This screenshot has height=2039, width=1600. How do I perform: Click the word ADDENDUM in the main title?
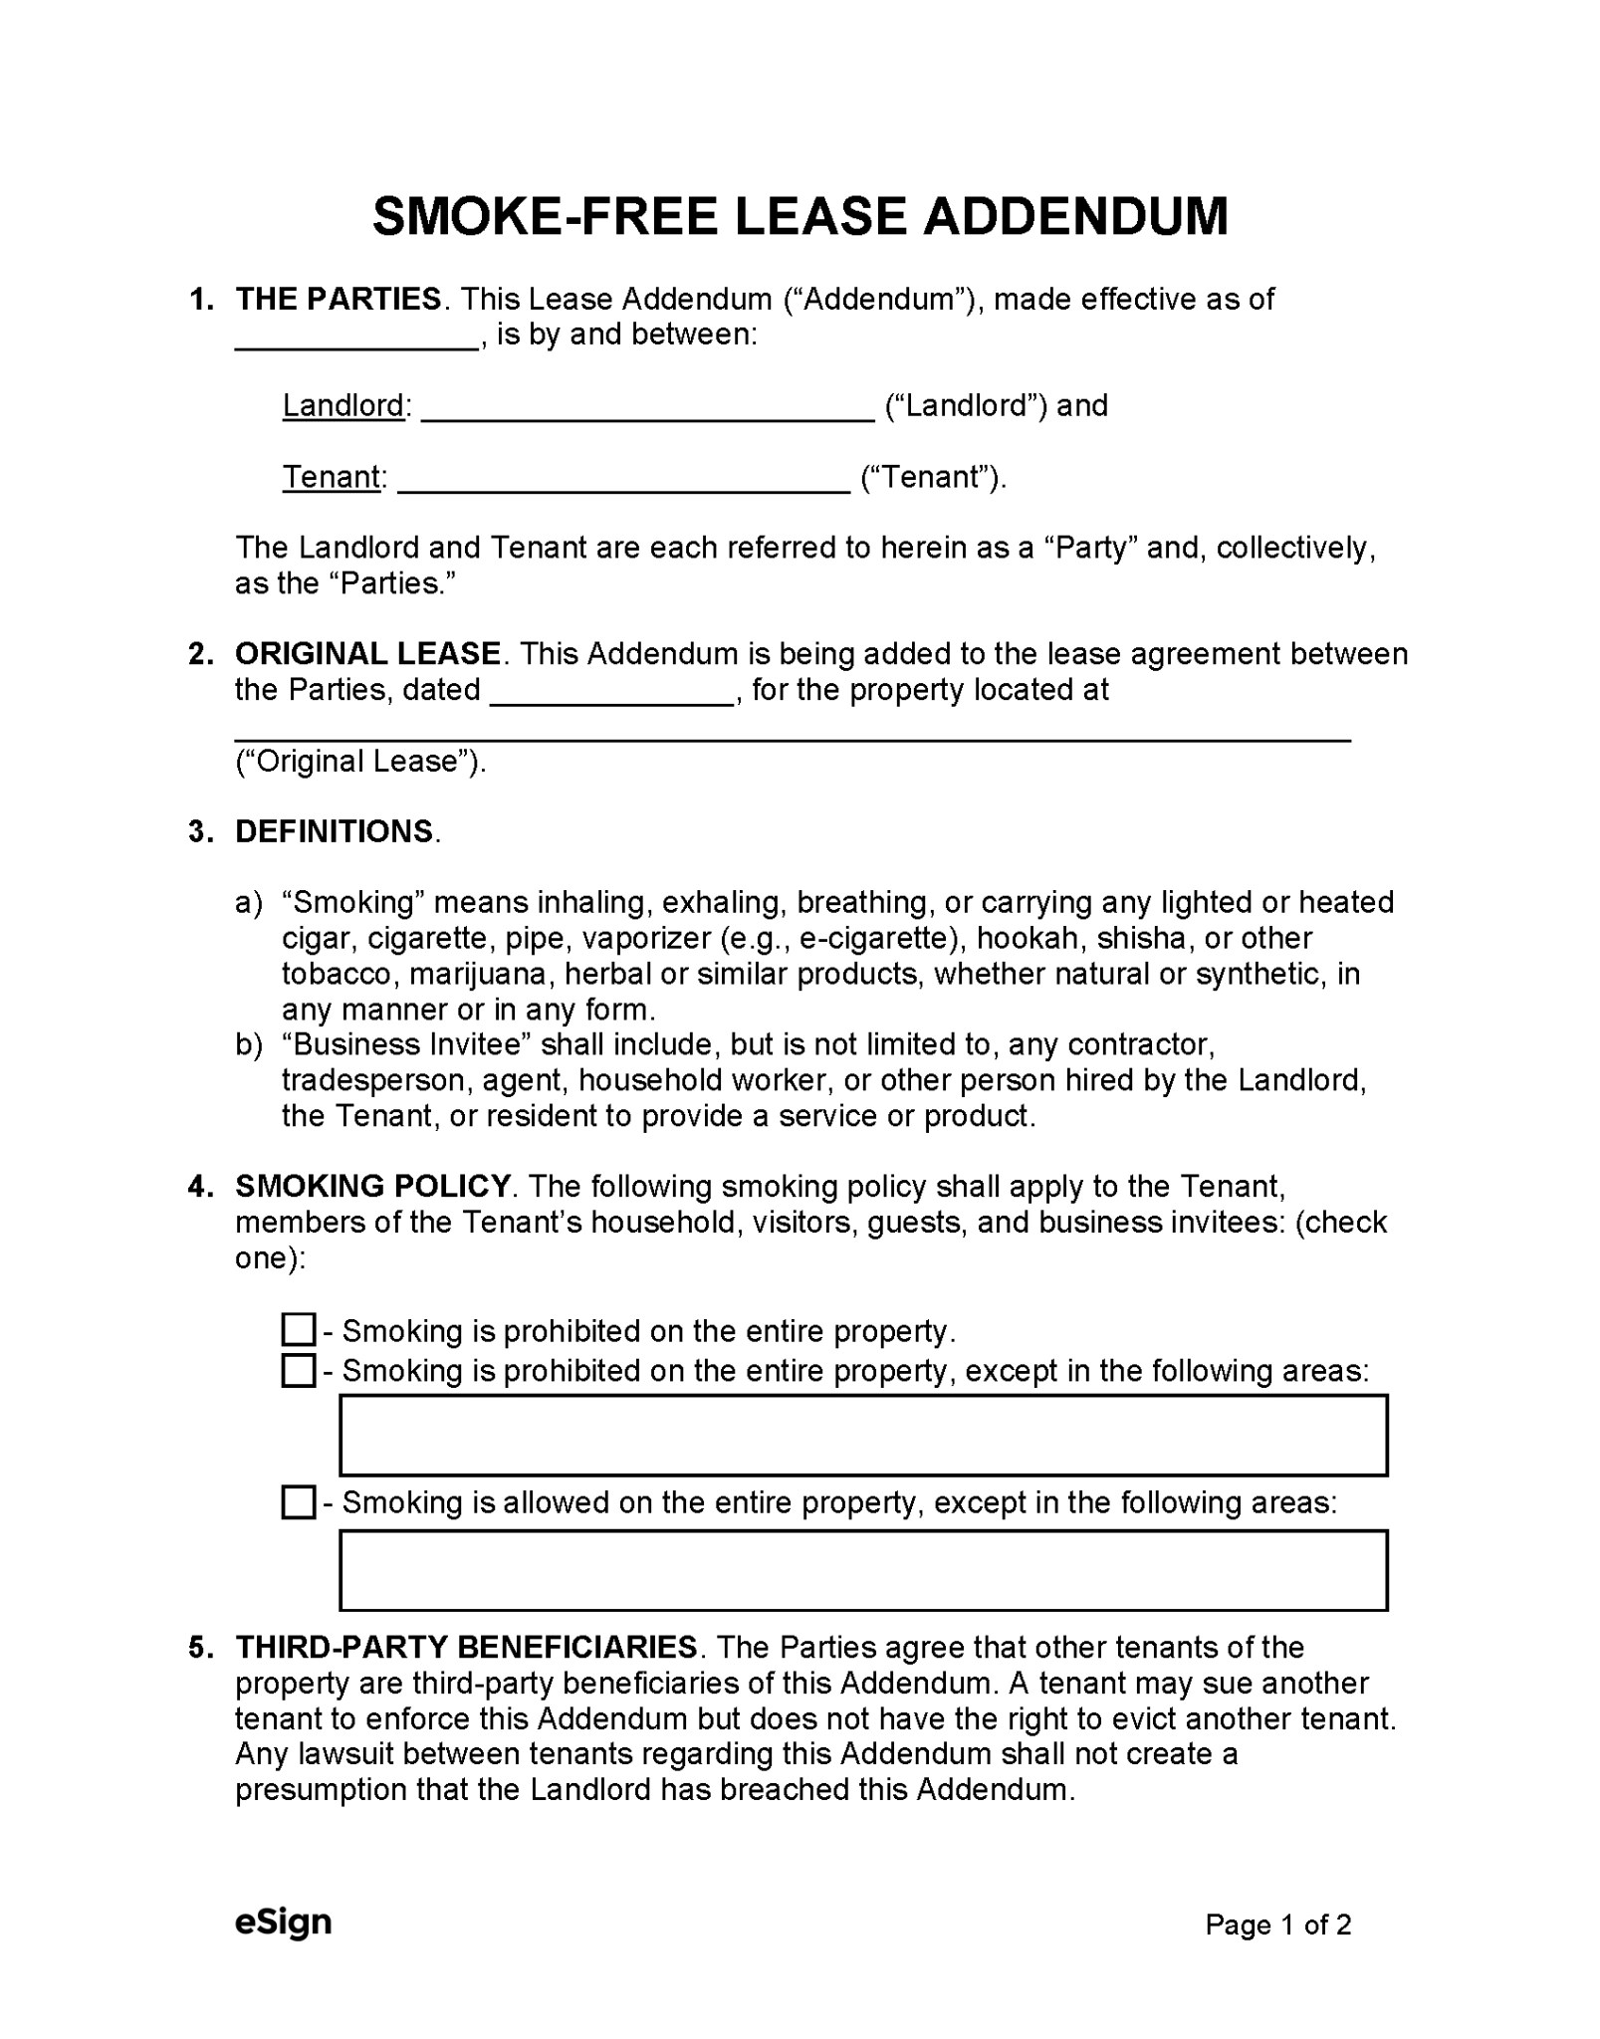pos(1075,216)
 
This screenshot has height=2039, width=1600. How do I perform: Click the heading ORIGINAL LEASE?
pos(367,654)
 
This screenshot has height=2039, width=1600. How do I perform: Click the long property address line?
pos(792,738)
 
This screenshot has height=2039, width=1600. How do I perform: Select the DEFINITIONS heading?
pos(335,831)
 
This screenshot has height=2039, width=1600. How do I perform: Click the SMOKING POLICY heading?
pos(372,1187)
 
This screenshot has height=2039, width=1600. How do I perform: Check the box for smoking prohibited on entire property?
pos(298,1329)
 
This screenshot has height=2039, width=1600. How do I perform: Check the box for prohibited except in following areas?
pos(298,1370)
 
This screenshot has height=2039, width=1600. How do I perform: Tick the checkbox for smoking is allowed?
pos(298,1502)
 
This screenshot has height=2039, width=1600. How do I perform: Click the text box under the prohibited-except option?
pos(862,1435)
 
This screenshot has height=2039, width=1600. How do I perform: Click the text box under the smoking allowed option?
pos(862,1570)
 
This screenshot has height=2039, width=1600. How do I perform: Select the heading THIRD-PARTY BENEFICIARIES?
pos(466,1647)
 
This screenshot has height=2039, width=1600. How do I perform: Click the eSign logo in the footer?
pos(283,1922)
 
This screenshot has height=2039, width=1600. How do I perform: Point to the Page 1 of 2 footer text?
pos(1277,1925)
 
